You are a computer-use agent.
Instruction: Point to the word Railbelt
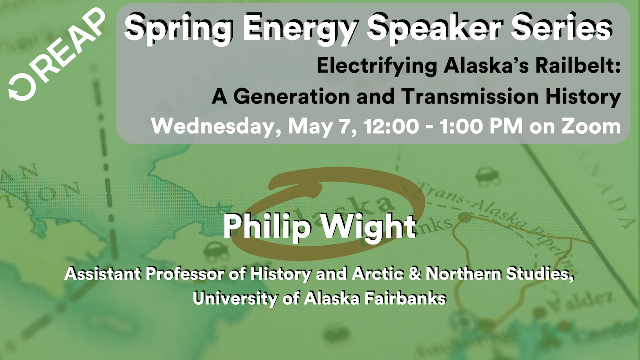coord(578,66)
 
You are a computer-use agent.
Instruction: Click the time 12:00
coord(391,126)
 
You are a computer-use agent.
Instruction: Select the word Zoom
coord(591,126)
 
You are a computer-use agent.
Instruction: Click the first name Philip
coord(267,227)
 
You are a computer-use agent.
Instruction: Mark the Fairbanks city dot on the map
coord(465,217)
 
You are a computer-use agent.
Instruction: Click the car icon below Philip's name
coord(216,252)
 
